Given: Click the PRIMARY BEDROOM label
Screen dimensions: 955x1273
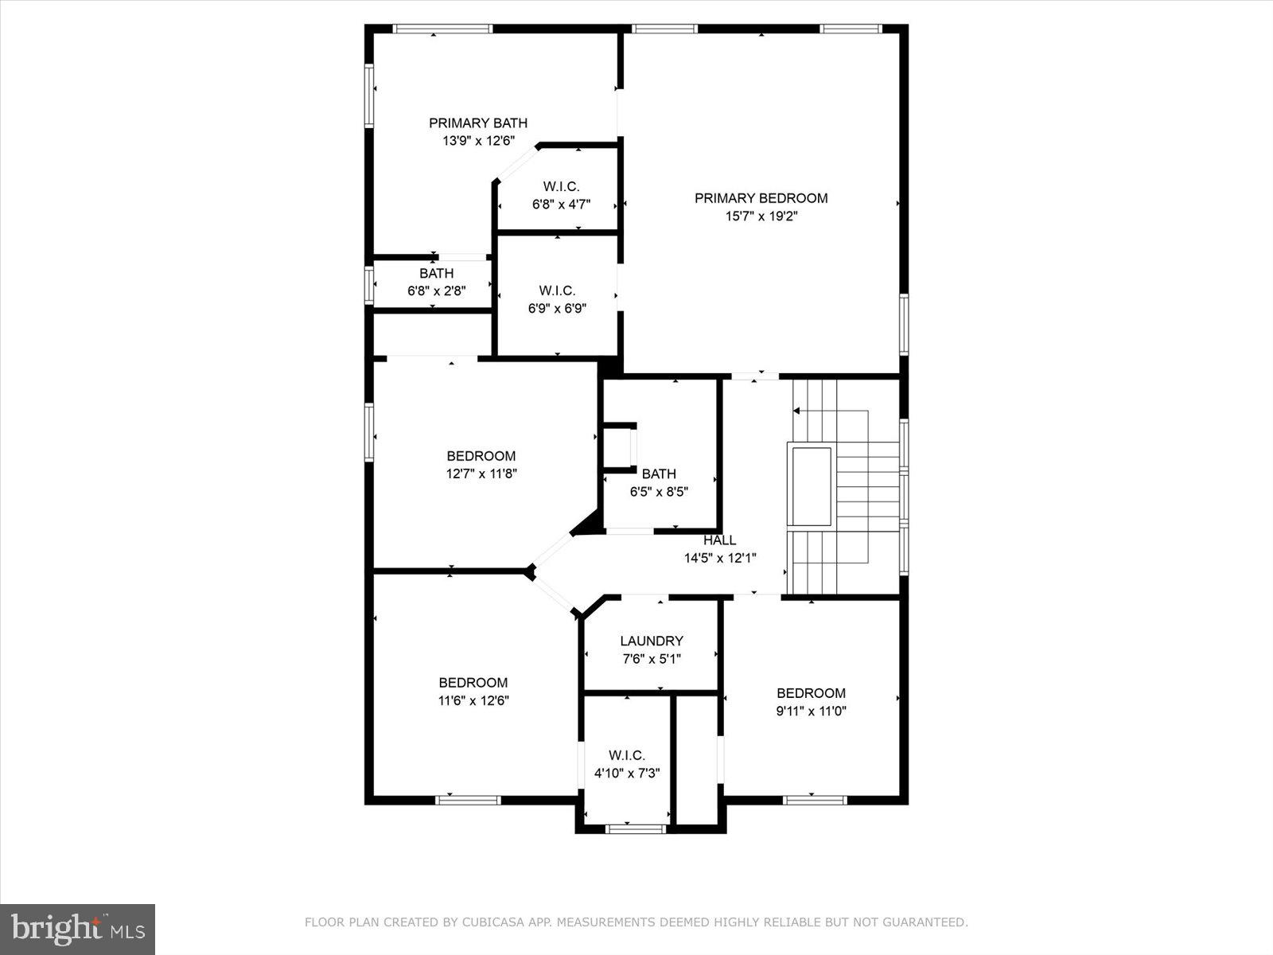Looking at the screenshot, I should coord(761,198).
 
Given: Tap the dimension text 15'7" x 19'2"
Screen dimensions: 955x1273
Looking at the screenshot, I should coord(761,216).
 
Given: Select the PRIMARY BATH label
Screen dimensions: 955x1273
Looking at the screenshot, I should coord(478,123).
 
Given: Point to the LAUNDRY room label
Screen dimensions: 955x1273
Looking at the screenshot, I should coord(651,641).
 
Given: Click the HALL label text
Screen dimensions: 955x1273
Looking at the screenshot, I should coord(719,540).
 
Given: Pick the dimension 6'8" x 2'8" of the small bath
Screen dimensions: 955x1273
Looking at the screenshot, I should coord(436,291).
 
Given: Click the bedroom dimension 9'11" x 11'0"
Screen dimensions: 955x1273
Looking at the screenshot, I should coord(811,711).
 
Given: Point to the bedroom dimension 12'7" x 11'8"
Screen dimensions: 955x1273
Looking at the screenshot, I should coord(481,474).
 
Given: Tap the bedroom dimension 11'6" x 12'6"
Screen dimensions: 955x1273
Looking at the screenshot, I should coord(473,700).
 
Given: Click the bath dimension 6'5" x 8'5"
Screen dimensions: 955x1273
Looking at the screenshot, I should coord(659,492).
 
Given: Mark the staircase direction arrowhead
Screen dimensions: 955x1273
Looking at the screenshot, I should coord(796,411).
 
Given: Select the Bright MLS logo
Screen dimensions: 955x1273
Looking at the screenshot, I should coord(77,929).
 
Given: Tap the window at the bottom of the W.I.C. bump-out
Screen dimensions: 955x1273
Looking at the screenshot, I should coord(635,829).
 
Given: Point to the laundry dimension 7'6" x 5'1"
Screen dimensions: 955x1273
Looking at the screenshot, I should coord(651,659).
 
